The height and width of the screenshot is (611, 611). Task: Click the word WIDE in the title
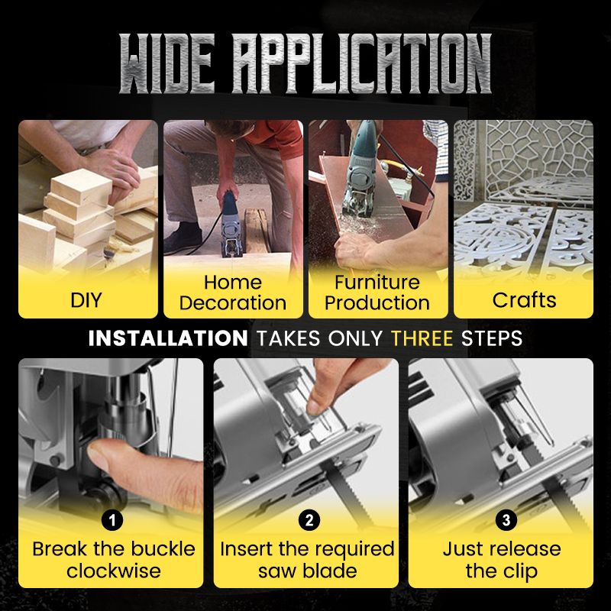(167, 64)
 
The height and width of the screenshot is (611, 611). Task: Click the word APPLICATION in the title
(361, 64)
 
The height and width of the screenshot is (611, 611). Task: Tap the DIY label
(86, 300)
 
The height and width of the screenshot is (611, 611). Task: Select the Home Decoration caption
(233, 293)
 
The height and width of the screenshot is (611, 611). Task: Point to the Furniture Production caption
(377, 293)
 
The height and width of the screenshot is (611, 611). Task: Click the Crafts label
(524, 300)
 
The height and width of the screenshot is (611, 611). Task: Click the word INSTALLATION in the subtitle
(168, 338)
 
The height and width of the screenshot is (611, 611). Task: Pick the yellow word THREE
(422, 338)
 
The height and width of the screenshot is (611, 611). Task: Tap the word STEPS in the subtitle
(491, 338)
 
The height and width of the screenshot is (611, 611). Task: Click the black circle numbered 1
(112, 520)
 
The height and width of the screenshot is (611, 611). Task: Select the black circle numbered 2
(309, 520)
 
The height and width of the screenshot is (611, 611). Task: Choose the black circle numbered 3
(506, 520)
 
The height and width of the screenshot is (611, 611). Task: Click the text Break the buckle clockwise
(113, 560)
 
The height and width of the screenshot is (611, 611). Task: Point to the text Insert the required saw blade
(307, 560)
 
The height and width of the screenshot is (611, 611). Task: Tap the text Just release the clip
(502, 560)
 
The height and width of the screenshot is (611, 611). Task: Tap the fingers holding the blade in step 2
(343, 386)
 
